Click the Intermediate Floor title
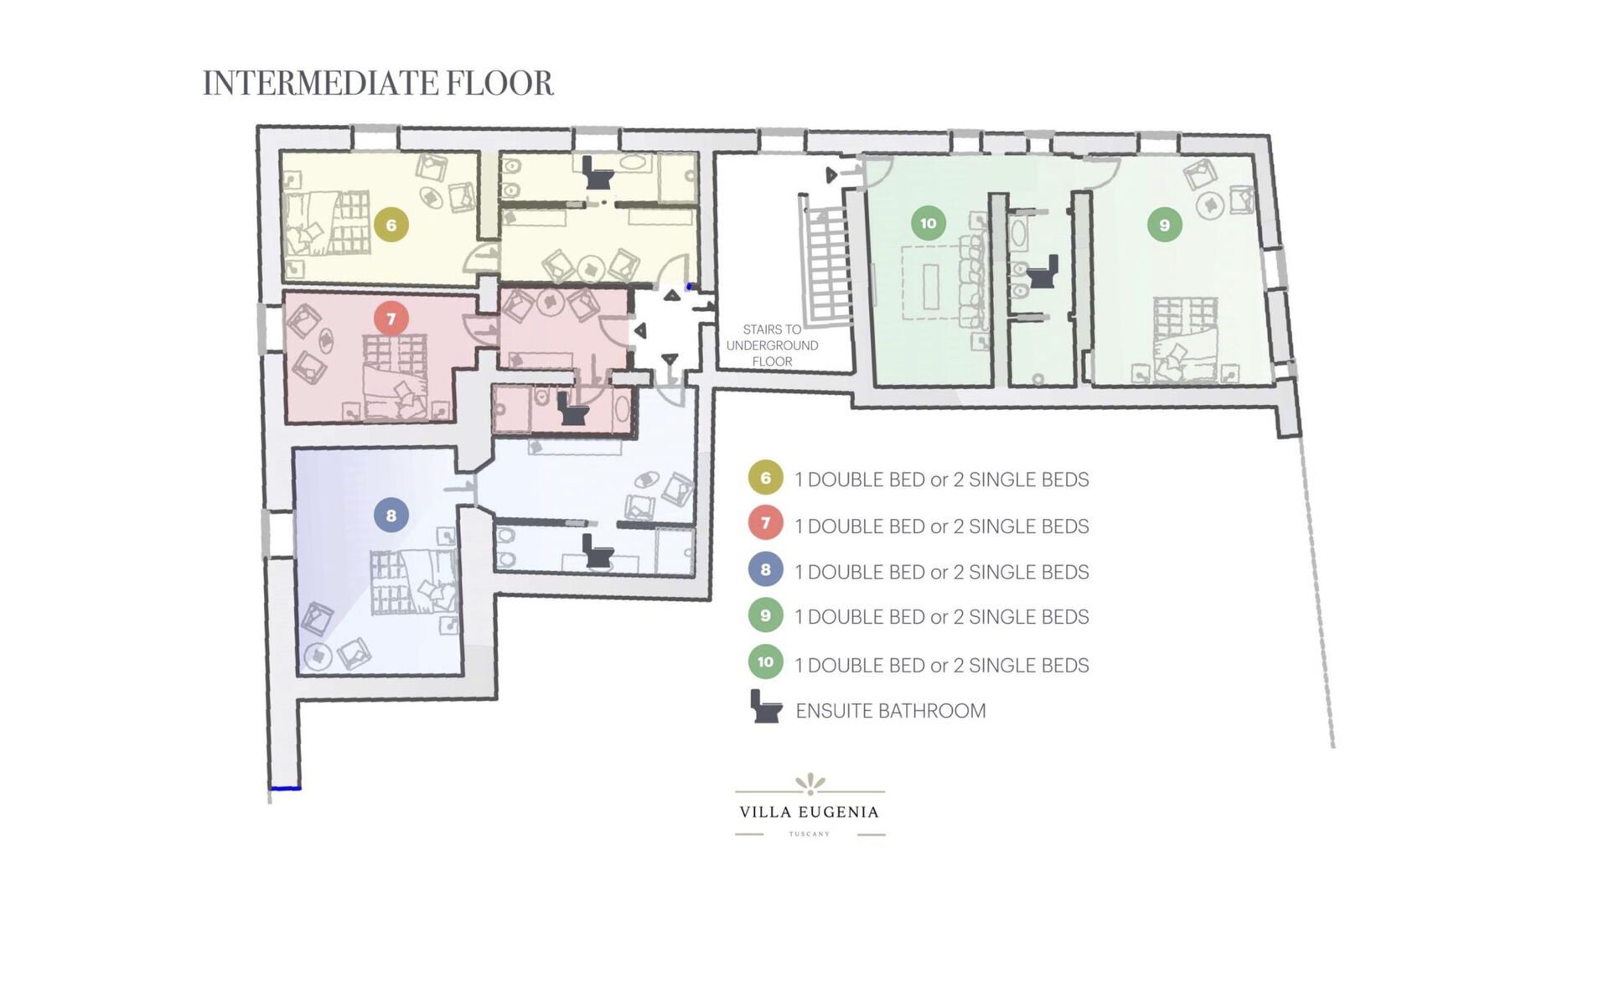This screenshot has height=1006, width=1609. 378,83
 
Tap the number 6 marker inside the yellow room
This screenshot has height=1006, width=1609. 391,225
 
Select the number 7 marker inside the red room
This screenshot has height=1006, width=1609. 391,319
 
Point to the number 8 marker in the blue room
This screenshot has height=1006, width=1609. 391,515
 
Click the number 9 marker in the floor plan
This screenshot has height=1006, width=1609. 1164,225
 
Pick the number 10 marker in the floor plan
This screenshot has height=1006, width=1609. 928,223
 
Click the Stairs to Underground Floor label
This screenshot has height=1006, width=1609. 772,345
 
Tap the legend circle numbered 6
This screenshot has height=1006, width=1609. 765,478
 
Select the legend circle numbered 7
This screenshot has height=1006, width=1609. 765,524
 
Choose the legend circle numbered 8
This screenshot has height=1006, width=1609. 765,570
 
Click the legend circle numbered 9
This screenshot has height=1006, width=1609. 765,615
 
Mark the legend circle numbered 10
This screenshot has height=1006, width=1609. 765,662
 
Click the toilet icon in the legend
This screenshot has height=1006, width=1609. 765,706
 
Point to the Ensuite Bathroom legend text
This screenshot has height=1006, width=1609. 891,711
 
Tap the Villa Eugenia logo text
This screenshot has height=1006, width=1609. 809,812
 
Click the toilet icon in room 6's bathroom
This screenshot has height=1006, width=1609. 598,174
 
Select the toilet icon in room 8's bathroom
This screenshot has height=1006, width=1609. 598,551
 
